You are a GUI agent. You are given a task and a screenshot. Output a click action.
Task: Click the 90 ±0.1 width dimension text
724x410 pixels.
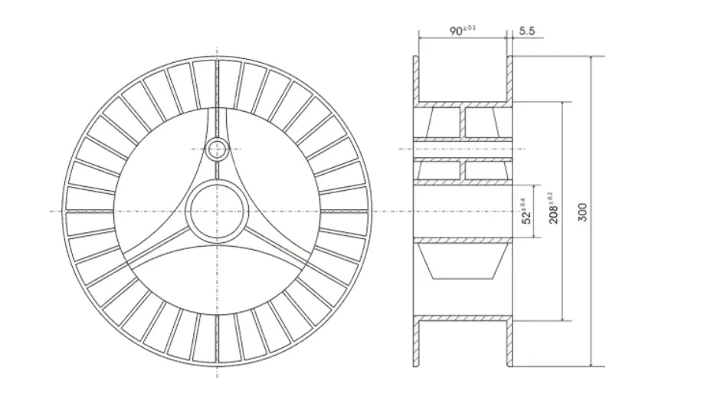coord(462,31)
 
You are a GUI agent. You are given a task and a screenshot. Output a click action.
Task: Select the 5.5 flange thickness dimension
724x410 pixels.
coord(526,31)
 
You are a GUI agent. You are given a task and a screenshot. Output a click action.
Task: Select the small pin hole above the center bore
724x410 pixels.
coord(218,148)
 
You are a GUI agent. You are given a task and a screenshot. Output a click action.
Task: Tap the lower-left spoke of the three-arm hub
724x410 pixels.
coord(158,244)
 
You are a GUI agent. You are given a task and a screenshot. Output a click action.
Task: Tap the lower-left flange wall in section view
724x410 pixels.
coord(416,342)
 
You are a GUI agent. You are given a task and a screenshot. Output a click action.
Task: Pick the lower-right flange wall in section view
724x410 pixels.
coord(510,342)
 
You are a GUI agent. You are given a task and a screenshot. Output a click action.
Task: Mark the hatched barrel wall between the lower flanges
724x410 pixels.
coord(463,317)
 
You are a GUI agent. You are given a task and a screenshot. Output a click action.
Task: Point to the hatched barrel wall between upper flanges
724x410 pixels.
coord(463,102)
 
